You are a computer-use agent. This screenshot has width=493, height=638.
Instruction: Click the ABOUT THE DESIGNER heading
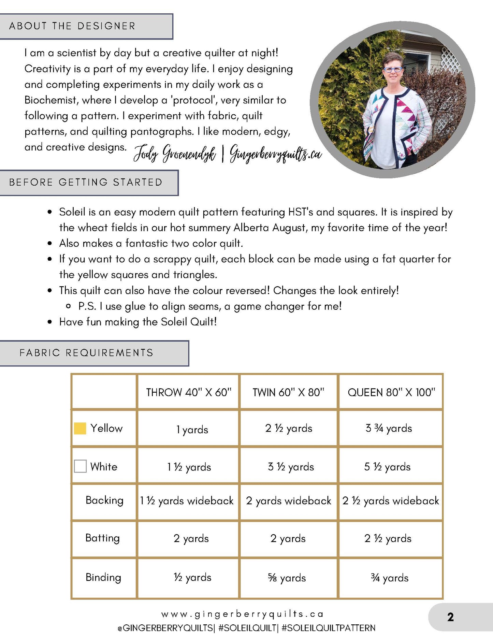click(72, 26)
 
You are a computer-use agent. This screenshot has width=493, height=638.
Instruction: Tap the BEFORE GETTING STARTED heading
click(86, 183)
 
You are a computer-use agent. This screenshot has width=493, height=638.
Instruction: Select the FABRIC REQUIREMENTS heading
click(86, 353)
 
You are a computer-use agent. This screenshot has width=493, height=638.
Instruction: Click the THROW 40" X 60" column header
click(189, 392)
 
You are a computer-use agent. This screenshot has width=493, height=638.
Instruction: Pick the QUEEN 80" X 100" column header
click(391, 392)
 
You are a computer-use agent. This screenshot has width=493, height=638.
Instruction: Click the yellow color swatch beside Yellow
click(80, 429)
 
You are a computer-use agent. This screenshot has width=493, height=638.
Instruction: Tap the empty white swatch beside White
click(80, 466)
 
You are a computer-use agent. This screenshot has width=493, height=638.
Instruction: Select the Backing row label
click(104, 501)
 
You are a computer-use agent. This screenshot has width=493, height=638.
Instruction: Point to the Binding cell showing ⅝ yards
click(287, 578)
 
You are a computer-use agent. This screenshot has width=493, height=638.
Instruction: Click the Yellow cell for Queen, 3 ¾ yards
click(389, 429)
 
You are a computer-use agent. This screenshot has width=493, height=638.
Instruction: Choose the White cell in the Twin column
click(291, 467)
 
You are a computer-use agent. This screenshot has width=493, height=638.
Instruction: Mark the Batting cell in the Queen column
click(388, 538)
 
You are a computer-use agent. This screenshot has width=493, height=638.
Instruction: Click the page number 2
click(450, 617)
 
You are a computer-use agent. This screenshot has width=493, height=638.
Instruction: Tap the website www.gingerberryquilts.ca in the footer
click(242, 614)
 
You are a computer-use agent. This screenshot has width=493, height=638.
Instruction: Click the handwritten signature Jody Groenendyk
click(174, 154)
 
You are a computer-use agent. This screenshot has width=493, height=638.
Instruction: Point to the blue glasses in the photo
click(393, 70)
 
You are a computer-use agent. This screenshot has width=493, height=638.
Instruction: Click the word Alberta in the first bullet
click(251, 228)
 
